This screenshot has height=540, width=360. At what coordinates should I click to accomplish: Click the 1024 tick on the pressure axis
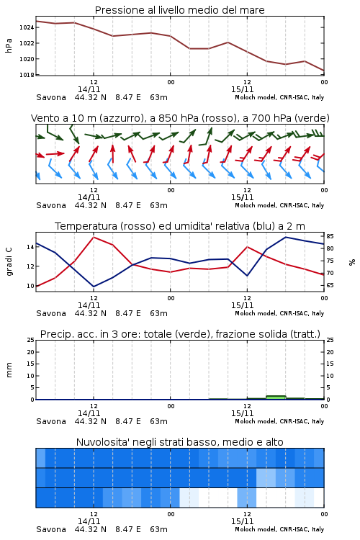click(26, 27)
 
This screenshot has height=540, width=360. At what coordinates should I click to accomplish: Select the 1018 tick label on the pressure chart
click(26, 75)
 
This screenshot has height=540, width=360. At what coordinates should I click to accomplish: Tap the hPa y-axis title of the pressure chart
click(9, 45)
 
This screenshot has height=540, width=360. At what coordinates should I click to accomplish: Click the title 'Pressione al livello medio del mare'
click(179, 10)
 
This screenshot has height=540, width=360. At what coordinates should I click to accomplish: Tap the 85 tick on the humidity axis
click(330, 236)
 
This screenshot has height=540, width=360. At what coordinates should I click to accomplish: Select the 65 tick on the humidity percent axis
click(330, 285)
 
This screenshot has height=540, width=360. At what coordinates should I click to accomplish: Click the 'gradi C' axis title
click(9, 261)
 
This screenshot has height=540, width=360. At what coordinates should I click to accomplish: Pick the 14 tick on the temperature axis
click(30, 247)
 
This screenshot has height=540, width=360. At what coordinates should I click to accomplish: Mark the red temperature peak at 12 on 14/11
click(94, 237)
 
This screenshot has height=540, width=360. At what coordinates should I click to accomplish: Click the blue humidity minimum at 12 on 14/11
click(94, 287)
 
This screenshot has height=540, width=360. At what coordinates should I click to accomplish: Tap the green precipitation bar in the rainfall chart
click(276, 397)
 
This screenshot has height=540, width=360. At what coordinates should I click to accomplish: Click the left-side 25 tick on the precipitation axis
click(30, 340)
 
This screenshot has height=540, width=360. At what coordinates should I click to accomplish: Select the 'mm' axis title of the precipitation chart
click(9, 369)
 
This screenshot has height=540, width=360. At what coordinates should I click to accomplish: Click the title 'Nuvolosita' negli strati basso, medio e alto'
click(179, 442)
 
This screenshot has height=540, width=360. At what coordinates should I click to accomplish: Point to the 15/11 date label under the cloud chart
click(242, 521)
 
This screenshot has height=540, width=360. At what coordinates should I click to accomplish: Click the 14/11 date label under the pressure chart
click(89, 89)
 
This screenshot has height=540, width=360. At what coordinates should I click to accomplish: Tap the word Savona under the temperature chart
click(51, 313)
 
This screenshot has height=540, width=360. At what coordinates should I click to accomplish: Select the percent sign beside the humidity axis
click(352, 262)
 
